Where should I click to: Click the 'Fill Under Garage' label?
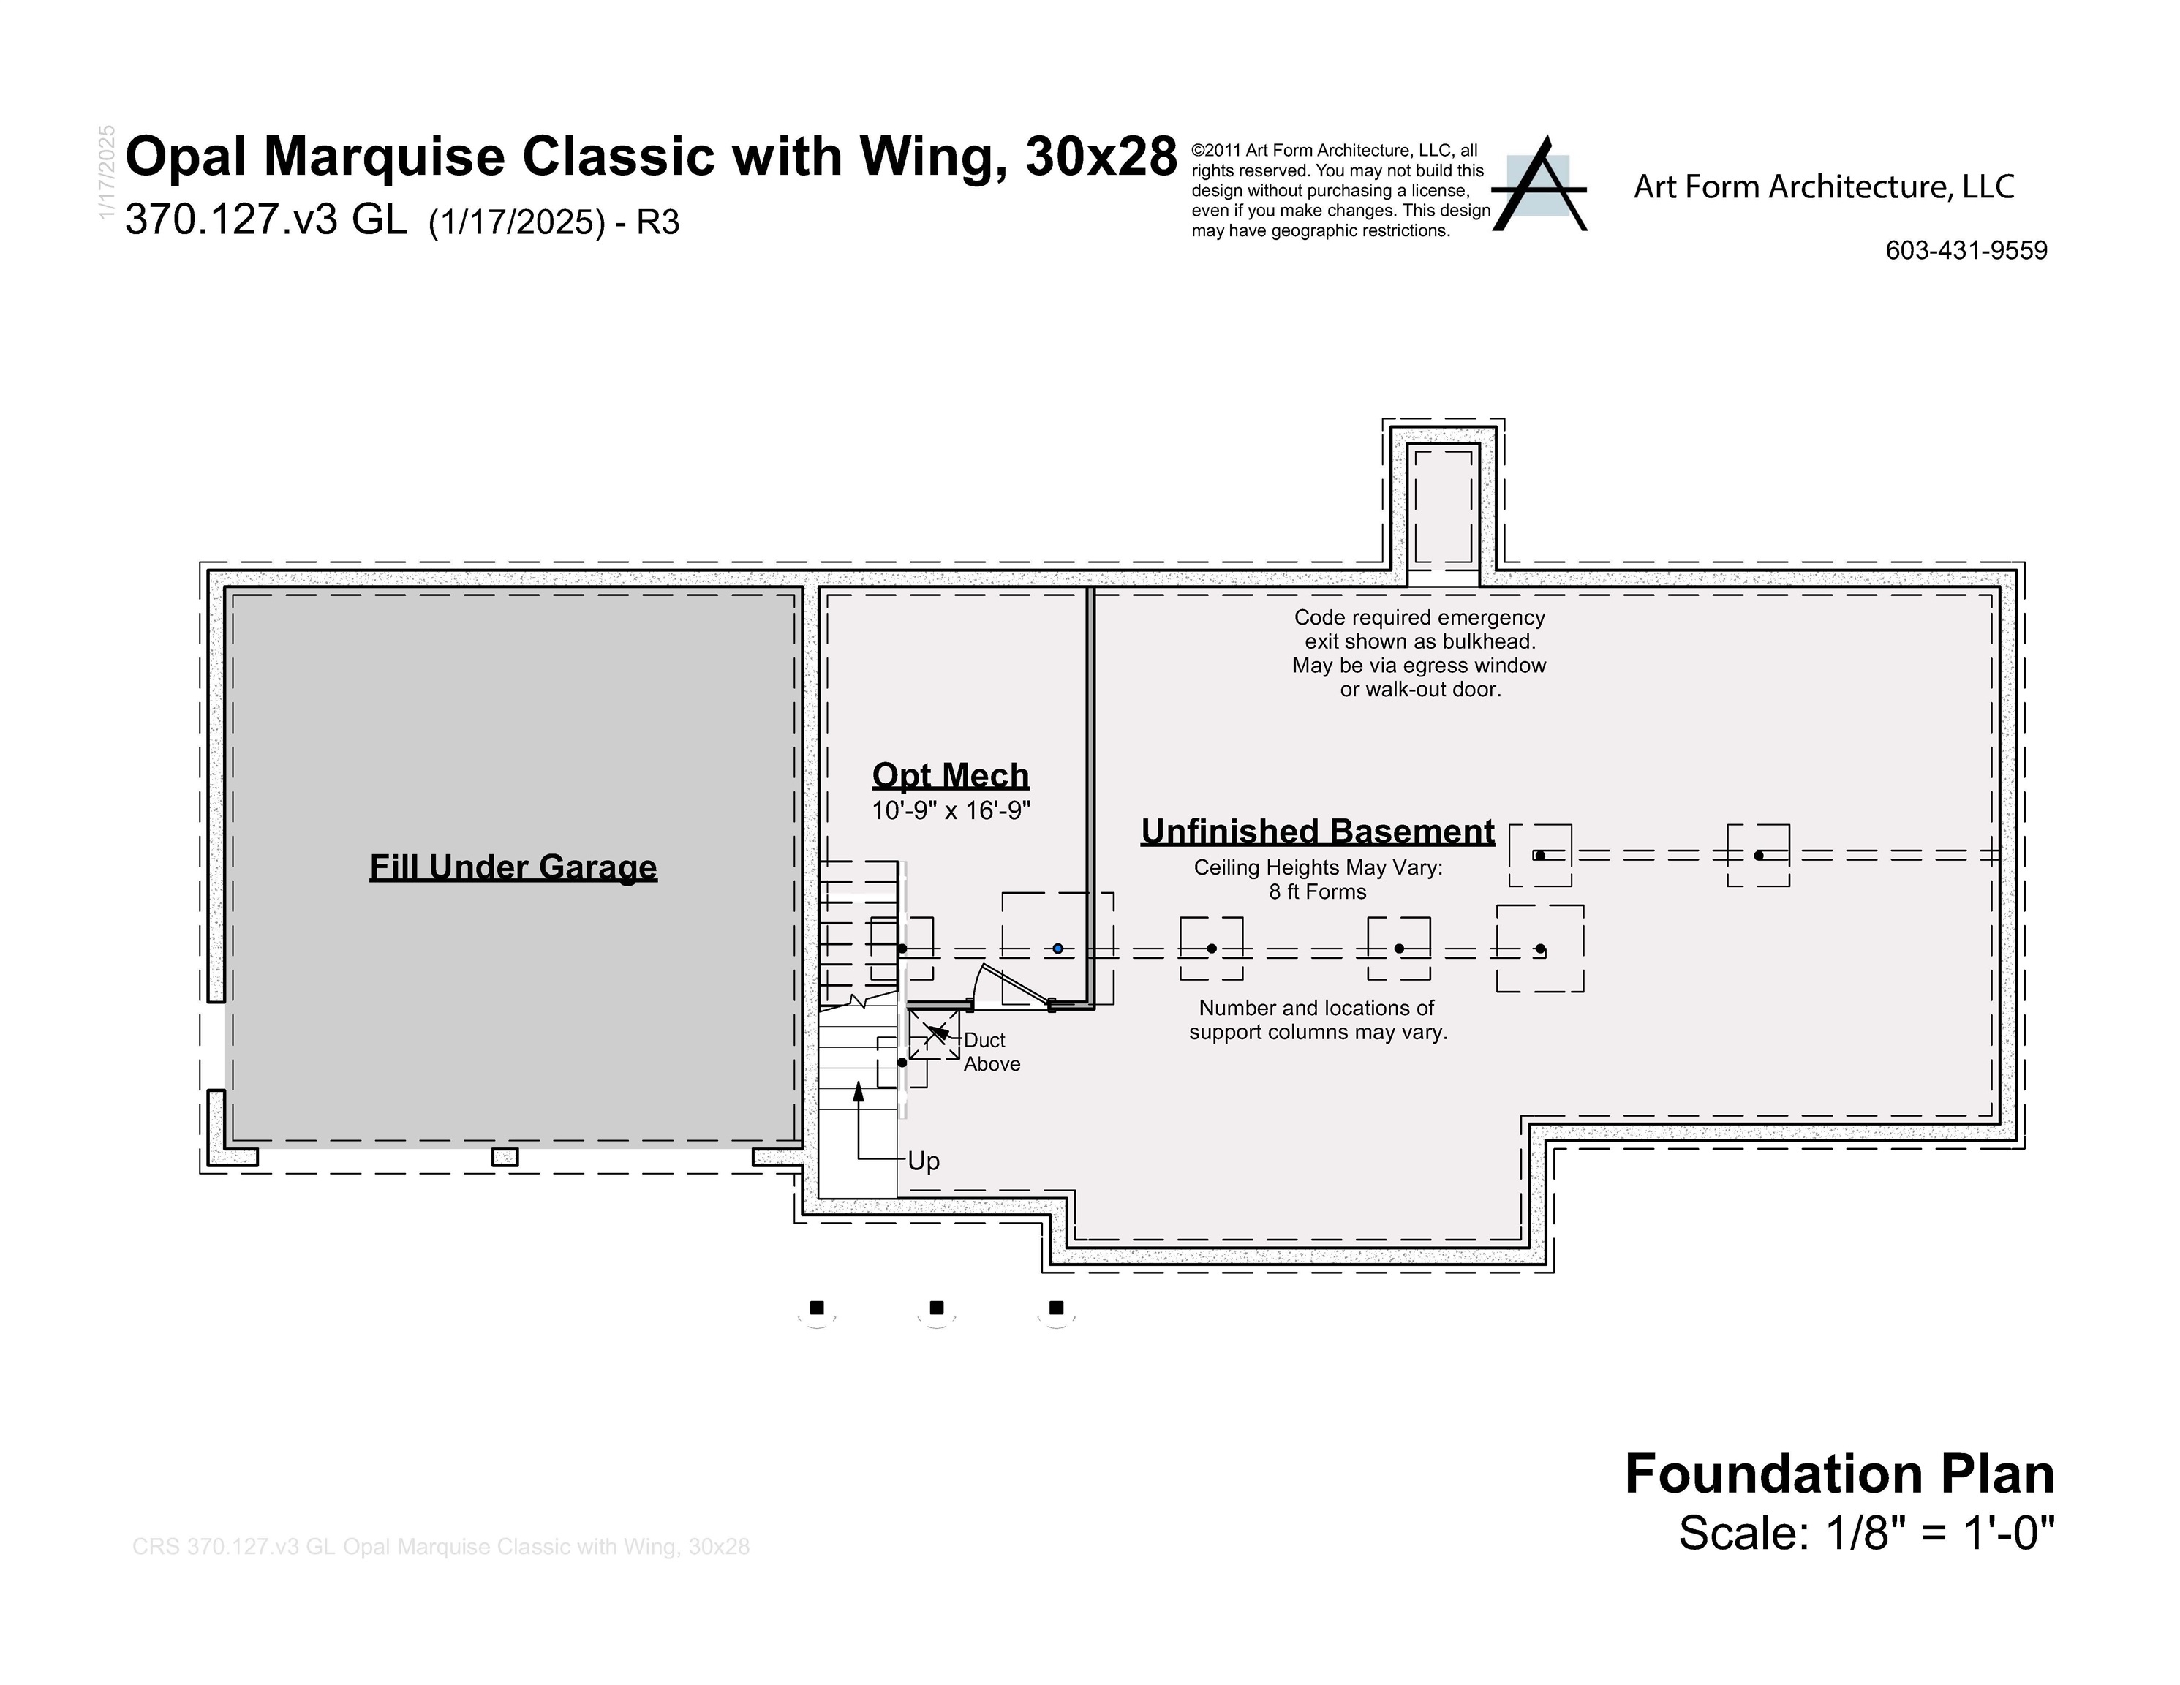(513, 867)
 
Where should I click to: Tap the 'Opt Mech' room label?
(950, 776)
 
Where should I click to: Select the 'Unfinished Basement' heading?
(1318, 832)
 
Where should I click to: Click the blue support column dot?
(1058, 949)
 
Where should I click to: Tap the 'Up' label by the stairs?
(924, 1161)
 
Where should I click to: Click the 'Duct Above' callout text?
(991, 1052)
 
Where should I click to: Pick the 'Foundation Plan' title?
(1838, 1474)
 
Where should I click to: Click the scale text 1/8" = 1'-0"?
(1866, 1532)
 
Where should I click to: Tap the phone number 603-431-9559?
(1966, 251)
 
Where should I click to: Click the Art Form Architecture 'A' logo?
(1540, 186)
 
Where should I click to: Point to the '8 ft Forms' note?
(1318, 892)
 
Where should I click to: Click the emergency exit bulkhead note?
(1419, 654)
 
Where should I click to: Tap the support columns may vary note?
(1318, 1020)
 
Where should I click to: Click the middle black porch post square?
(936, 1308)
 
